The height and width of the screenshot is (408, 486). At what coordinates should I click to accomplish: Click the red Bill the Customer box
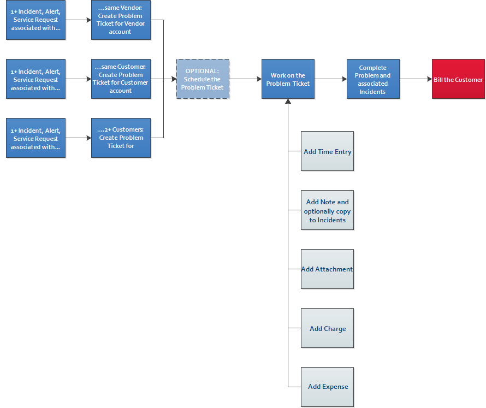[458, 79]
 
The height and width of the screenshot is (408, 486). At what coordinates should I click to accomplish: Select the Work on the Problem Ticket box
[288, 79]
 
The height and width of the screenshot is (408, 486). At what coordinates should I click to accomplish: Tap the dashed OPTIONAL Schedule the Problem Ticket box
[203, 79]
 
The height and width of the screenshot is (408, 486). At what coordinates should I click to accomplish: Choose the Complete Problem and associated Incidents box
[373, 79]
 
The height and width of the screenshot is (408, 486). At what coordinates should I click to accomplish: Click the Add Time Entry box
[327, 151]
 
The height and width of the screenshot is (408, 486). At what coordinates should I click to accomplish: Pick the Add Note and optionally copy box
[327, 210]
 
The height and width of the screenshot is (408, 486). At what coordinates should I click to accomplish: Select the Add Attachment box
[327, 269]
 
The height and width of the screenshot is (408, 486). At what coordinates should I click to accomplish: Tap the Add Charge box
[327, 328]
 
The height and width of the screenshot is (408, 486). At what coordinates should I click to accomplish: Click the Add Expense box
[327, 387]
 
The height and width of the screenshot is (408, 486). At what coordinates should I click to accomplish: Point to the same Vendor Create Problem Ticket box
[121, 20]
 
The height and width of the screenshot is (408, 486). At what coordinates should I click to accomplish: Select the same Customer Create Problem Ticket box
[121, 79]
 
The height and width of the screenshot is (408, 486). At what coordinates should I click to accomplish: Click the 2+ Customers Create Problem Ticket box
[121, 138]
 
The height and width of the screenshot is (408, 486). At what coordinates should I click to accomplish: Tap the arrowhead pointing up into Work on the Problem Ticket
[288, 102]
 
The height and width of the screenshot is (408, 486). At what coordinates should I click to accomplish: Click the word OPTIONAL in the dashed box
[202, 71]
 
